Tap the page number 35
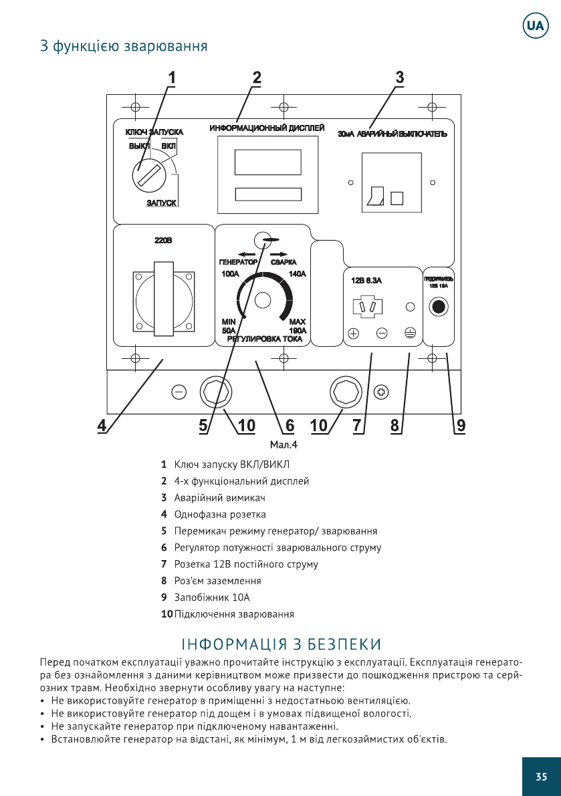[x=541, y=776]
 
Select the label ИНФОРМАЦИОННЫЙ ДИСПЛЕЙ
[x=267, y=128]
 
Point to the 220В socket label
[x=164, y=241]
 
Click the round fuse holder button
[x=438, y=307]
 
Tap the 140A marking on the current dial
[x=297, y=274]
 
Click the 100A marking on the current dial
[x=230, y=274]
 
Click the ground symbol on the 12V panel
[x=410, y=334]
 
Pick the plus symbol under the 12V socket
[x=354, y=334]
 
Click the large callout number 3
[x=400, y=77]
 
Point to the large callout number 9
[x=461, y=425]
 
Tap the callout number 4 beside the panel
[x=102, y=425]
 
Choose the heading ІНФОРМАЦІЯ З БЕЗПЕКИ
[x=281, y=644]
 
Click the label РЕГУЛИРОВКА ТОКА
[x=265, y=339]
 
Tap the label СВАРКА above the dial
[x=284, y=262]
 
